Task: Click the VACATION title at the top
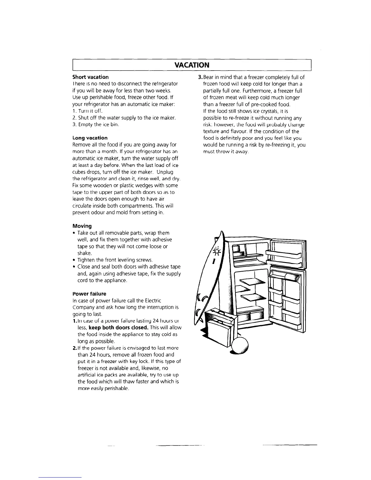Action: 192,65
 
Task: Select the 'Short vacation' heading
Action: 90,77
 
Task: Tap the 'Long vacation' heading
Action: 90,138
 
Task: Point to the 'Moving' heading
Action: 82,226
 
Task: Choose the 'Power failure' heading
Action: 89,294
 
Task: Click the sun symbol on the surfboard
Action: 217,252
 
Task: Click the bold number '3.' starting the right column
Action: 200,77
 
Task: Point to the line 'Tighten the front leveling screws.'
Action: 115,260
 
